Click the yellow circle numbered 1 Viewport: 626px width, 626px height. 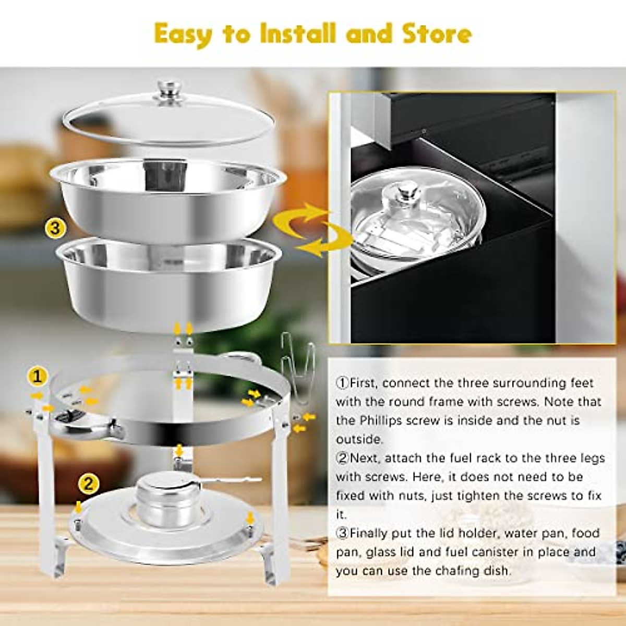(38, 376)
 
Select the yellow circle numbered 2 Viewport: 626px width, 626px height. (89, 484)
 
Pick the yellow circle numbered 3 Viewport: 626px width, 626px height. (55, 228)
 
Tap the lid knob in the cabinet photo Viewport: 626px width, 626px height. (404, 192)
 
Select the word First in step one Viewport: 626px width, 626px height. (362, 383)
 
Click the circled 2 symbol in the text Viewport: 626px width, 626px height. (342, 459)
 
